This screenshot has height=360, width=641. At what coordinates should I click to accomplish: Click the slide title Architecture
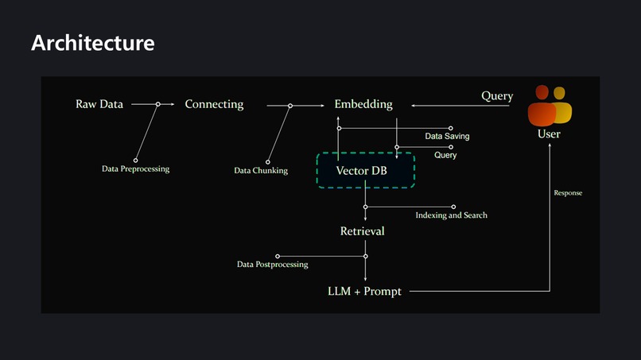coord(92,43)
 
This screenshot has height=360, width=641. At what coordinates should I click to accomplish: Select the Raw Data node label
coord(99,104)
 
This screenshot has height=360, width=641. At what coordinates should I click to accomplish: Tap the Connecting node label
coord(214,104)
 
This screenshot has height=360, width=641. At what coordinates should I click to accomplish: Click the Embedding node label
coord(363,104)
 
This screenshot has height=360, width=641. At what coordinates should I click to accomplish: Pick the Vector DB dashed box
coord(366,170)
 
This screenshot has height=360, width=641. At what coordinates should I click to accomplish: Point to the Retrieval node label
coord(362,231)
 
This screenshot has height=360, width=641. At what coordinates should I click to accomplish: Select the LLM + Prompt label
coord(364,292)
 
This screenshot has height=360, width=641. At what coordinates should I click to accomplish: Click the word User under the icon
coord(549,134)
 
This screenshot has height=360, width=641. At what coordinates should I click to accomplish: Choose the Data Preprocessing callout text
coord(135,169)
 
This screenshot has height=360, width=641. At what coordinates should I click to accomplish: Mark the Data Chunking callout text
coord(261,171)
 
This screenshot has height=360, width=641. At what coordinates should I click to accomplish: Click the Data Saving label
coord(447,137)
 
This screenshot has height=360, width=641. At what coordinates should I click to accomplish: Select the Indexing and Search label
coord(451,215)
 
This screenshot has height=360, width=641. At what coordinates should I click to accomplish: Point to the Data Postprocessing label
coord(272,265)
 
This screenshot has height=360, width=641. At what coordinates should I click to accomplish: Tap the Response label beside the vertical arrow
coord(568,193)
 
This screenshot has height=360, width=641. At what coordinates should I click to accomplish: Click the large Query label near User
coord(497,96)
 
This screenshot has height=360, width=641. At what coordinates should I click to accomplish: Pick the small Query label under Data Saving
coord(445,156)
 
